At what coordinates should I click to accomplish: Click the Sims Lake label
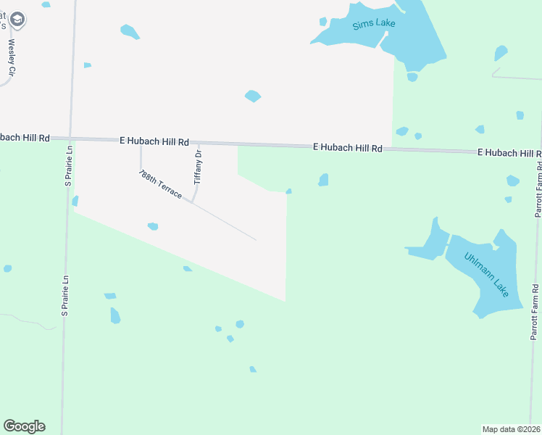(374, 25)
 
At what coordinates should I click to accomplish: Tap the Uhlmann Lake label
(488, 275)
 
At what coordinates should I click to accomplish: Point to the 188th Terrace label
(160, 186)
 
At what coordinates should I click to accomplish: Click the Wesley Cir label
(12, 57)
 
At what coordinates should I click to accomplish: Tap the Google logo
(24, 426)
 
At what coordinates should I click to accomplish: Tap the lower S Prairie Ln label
(64, 291)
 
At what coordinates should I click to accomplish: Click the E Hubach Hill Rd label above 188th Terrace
(154, 142)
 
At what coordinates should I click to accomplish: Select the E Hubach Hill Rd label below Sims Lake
(348, 148)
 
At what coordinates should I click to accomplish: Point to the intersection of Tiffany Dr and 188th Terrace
(192, 202)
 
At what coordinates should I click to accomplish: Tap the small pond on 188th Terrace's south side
(153, 227)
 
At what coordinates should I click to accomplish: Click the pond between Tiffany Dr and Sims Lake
(252, 96)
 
